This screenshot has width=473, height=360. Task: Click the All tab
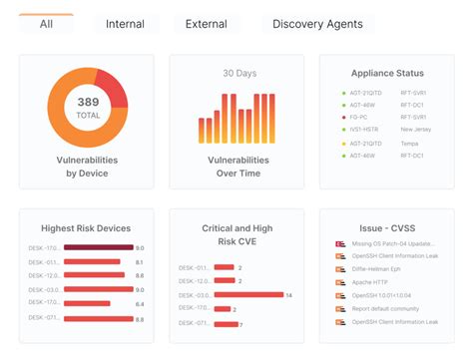click(x=46, y=23)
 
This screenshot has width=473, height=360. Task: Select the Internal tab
click(x=125, y=23)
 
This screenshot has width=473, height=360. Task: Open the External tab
click(x=206, y=23)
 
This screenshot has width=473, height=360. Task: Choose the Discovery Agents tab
click(x=317, y=23)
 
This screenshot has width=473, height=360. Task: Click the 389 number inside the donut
click(x=88, y=102)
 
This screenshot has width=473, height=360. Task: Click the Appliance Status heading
click(x=387, y=73)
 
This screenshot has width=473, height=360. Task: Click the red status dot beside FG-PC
click(x=343, y=116)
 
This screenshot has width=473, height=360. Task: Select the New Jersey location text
click(x=418, y=129)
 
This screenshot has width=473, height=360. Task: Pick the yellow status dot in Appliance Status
click(x=343, y=143)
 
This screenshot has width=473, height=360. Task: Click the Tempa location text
click(x=410, y=143)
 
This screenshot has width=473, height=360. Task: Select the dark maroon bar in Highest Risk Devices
click(x=97, y=247)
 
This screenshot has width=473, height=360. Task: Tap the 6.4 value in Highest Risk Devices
click(x=140, y=304)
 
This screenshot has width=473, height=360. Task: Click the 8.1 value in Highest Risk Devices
click(x=140, y=261)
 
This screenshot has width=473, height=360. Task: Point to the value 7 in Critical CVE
click(x=241, y=324)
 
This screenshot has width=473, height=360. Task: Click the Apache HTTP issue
click(x=372, y=283)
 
